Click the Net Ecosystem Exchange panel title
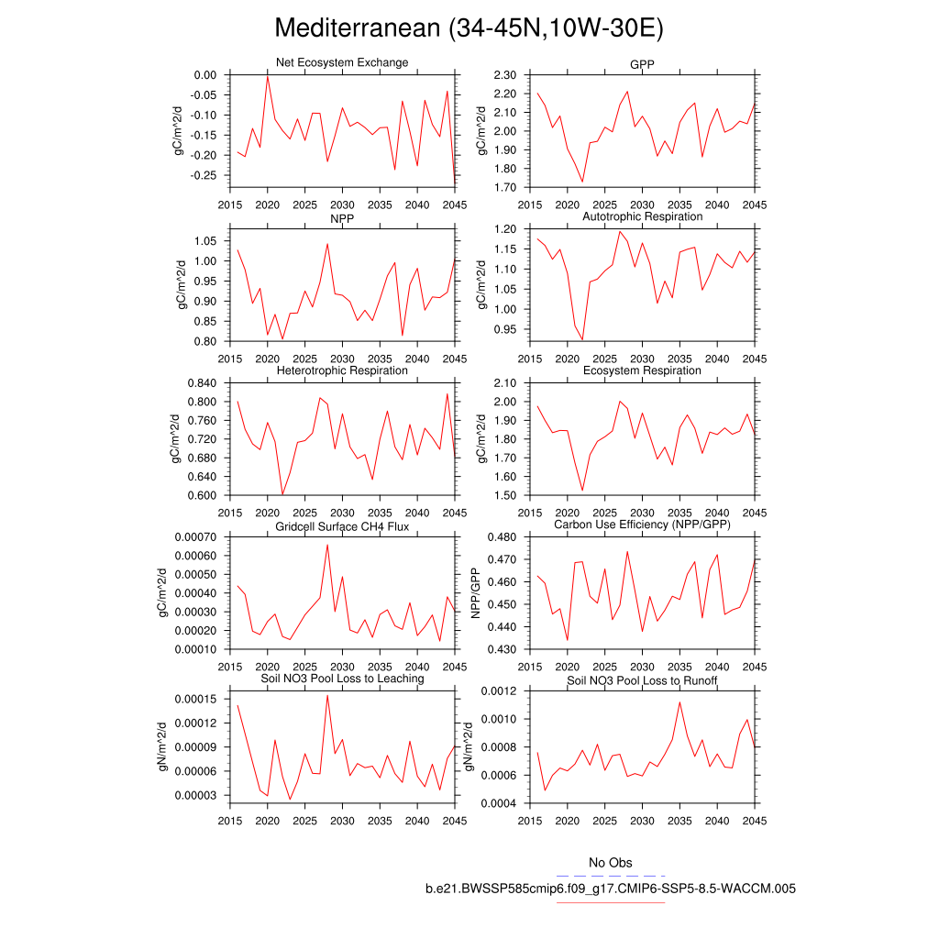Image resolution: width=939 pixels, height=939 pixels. coord(342,62)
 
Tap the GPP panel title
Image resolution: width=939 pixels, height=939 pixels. coord(642,62)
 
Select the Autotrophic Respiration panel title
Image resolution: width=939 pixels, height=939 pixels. coord(642,216)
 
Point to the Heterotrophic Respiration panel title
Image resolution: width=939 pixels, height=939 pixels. coord(342,370)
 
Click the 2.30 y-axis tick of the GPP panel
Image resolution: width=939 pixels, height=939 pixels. coord(505,75)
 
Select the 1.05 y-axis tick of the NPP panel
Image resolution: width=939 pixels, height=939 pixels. coord(204,240)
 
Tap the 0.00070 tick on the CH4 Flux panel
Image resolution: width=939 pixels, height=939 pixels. coord(194,537)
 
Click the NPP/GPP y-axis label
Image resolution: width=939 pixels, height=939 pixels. coord(476,592)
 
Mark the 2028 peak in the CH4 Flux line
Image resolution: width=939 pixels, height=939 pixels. coord(327,545)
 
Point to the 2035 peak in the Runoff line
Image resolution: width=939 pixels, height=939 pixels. coord(679,702)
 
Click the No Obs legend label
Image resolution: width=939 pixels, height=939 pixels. coord(610,863)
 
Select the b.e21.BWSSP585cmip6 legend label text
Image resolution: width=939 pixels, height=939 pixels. coord(610,889)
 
